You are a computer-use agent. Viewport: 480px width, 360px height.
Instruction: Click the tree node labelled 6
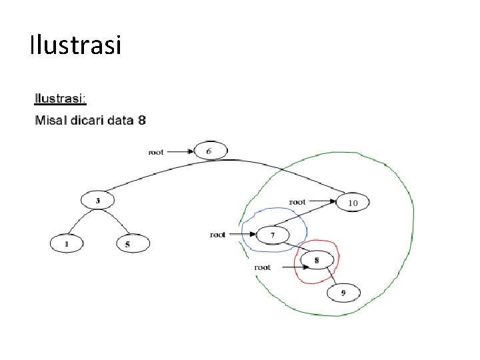pyautogui.click(x=209, y=151)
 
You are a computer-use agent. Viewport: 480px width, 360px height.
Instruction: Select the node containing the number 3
pyautogui.click(x=97, y=200)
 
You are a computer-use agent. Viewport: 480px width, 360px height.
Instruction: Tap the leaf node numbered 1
pyautogui.click(x=66, y=245)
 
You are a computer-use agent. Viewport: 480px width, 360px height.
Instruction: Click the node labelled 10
pyautogui.click(x=353, y=202)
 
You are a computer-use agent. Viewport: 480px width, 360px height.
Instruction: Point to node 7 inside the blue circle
pyautogui.click(x=273, y=235)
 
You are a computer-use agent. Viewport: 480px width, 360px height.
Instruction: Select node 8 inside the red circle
pyautogui.click(x=316, y=259)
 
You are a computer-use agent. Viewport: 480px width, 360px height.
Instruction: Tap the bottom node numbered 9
pyautogui.click(x=343, y=292)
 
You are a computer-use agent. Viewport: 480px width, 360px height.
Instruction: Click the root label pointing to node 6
pyautogui.click(x=155, y=152)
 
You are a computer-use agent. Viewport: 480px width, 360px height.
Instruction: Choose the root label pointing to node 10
pyautogui.click(x=297, y=201)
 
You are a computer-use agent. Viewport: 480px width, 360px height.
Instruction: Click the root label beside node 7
pyautogui.click(x=218, y=235)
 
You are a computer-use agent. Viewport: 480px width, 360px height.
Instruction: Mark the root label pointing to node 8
pyautogui.click(x=263, y=267)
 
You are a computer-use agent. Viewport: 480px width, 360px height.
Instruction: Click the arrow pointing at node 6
pyautogui.click(x=180, y=152)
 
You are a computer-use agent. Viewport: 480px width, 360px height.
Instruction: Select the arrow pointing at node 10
pyautogui.click(x=322, y=201)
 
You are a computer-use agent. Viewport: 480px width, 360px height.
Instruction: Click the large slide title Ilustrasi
pyautogui.click(x=75, y=45)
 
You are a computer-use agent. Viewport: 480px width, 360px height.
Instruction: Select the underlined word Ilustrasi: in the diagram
pyautogui.click(x=60, y=99)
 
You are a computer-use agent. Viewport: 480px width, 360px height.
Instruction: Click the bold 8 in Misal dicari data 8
pyautogui.click(x=141, y=121)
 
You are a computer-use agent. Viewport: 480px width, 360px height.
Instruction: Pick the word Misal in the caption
pyautogui.click(x=48, y=121)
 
